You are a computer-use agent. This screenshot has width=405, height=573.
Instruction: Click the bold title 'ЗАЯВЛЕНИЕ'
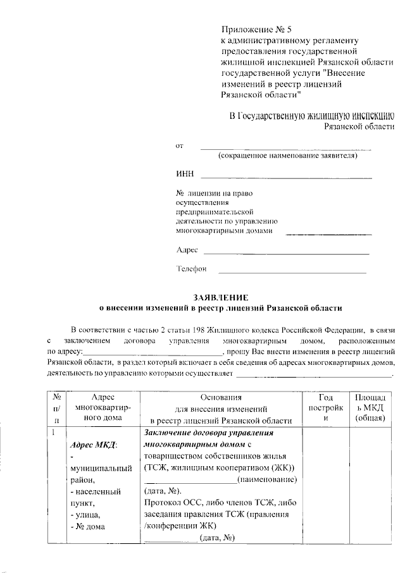pyautogui.click(x=221, y=297)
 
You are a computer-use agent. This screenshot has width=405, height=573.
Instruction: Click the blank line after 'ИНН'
pyautogui.click(x=285, y=177)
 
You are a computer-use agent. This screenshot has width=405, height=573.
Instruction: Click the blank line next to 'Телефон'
pyautogui.click(x=292, y=273)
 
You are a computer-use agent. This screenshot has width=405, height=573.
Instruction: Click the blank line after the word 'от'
pyautogui.click(x=285, y=149)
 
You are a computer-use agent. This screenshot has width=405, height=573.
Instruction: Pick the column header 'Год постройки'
pyautogui.click(x=325, y=408)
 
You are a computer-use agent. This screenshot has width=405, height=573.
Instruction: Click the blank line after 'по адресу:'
pyautogui.click(x=152, y=352)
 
